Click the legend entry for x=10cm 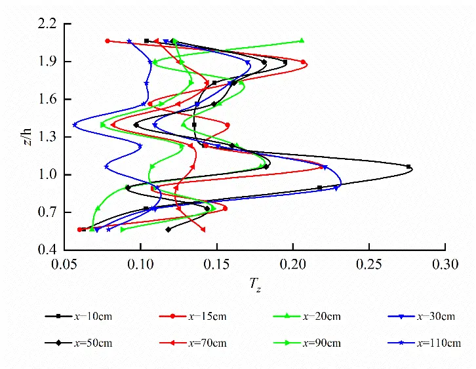(x=79, y=317)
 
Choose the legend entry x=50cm (x=79, y=343)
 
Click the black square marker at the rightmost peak (x=408, y=166)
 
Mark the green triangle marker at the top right (x=302, y=41)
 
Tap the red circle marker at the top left (x=108, y=41)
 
